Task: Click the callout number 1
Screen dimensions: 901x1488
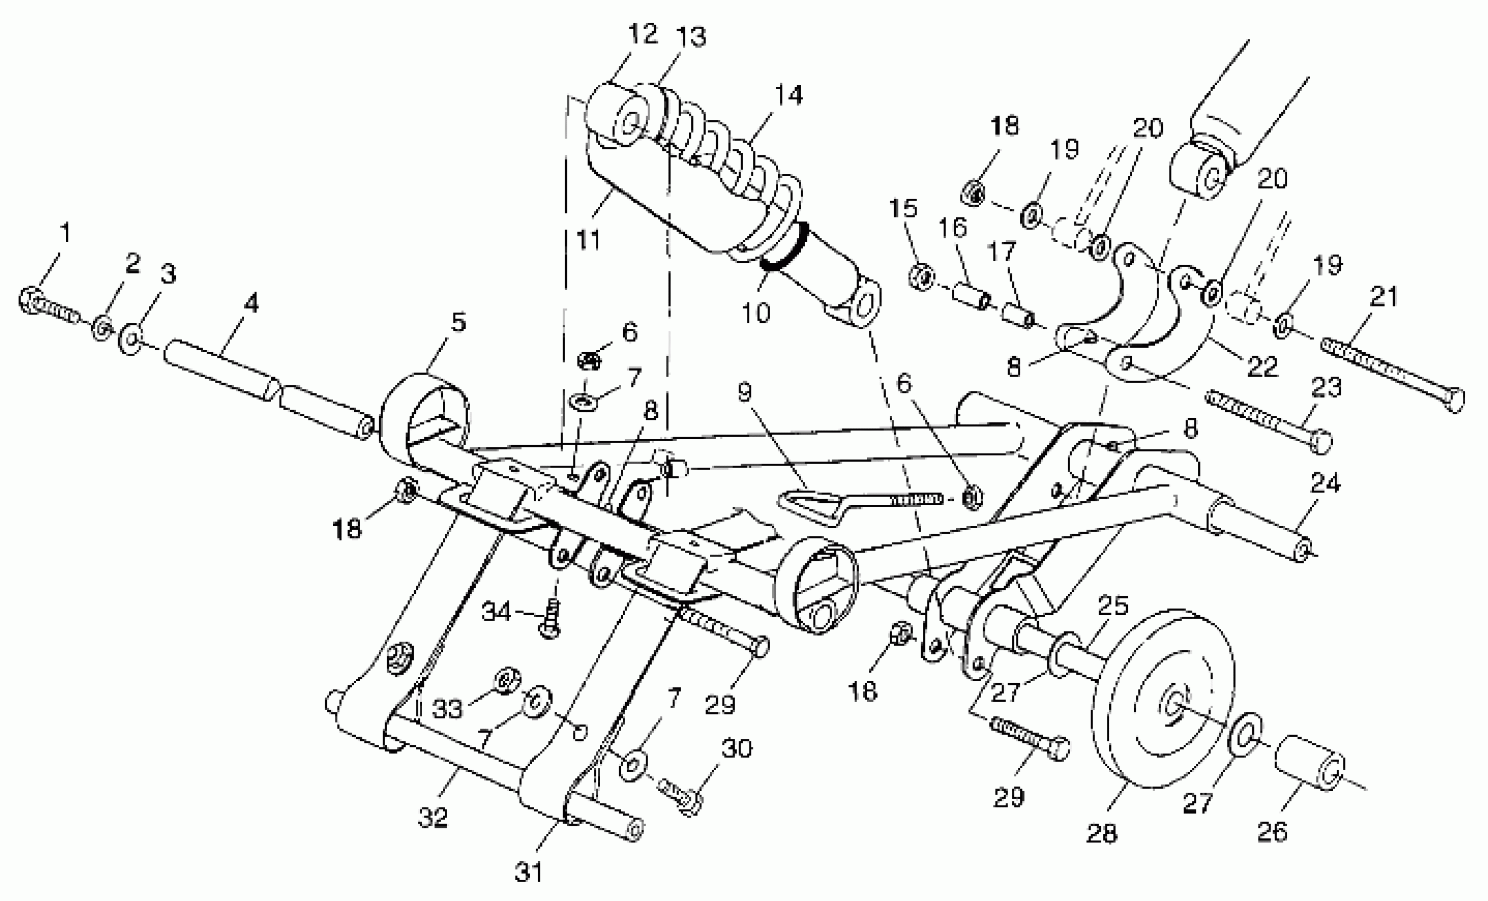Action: tap(65, 232)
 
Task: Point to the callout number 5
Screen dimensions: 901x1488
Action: tap(458, 323)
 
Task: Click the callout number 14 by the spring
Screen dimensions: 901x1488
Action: tap(789, 95)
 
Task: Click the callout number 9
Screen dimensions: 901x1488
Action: tap(745, 393)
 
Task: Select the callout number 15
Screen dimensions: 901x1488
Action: tap(903, 208)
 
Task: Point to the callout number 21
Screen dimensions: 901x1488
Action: tap(1384, 297)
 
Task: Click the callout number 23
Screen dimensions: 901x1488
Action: tap(1326, 387)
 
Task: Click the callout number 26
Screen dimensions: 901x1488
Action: tap(1272, 832)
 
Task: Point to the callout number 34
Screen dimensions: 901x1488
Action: tap(496, 612)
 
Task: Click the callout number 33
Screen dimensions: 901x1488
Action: tap(448, 708)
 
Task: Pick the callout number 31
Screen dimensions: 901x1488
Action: tap(529, 872)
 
